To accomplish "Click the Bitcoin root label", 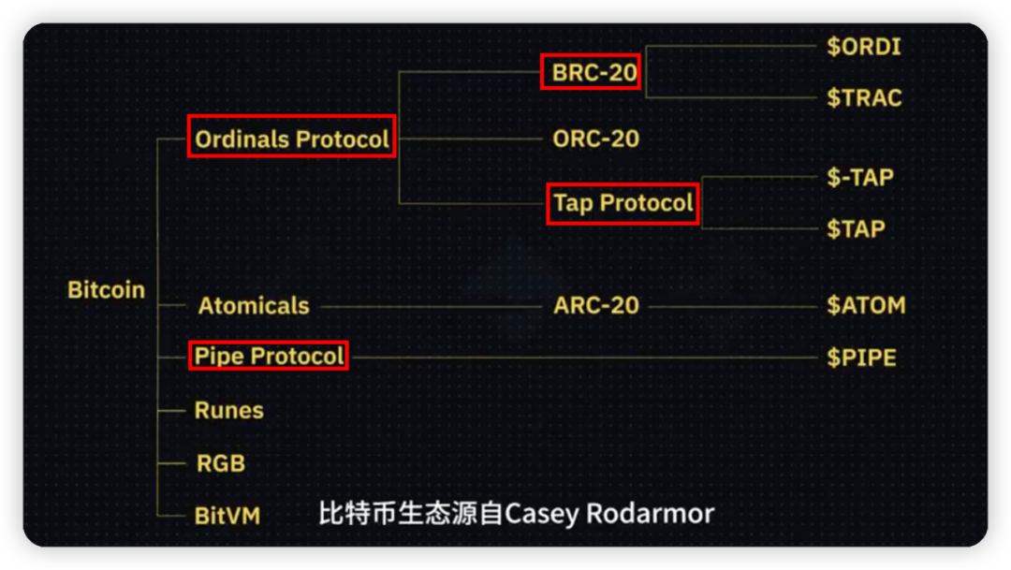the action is tap(107, 290).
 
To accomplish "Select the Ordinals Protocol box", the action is tap(291, 139).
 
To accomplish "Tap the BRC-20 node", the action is tap(591, 72).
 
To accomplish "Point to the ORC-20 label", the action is tap(596, 139).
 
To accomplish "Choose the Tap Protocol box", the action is tap(623, 203).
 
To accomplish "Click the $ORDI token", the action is tap(864, 47).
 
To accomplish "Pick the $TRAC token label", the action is tap(864, 97).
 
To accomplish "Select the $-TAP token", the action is tap(860, 177).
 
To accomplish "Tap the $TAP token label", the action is tap(856, 228).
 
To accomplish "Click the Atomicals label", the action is tap(253, 306).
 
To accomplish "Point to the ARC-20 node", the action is tap(596, 306).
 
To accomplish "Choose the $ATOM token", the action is tap(866, 306).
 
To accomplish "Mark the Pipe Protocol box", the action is tap(269, 356).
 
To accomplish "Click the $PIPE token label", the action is tap(861, 358).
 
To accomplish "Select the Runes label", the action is tap(228, 410).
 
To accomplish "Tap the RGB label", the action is tap(220, 463).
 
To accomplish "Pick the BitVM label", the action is tap(227, 516).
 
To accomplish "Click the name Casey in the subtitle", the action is tap(542, 514).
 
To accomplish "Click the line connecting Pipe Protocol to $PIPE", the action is tap(580, 357).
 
